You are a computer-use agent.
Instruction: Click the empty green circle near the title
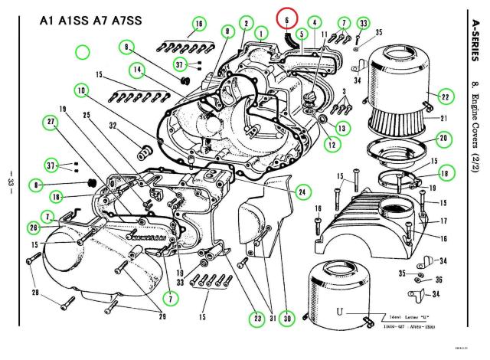(83, 53)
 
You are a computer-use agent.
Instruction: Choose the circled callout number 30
(286, 317)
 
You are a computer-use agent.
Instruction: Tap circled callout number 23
(255, 317)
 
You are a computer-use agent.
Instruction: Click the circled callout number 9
(227, 31)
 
